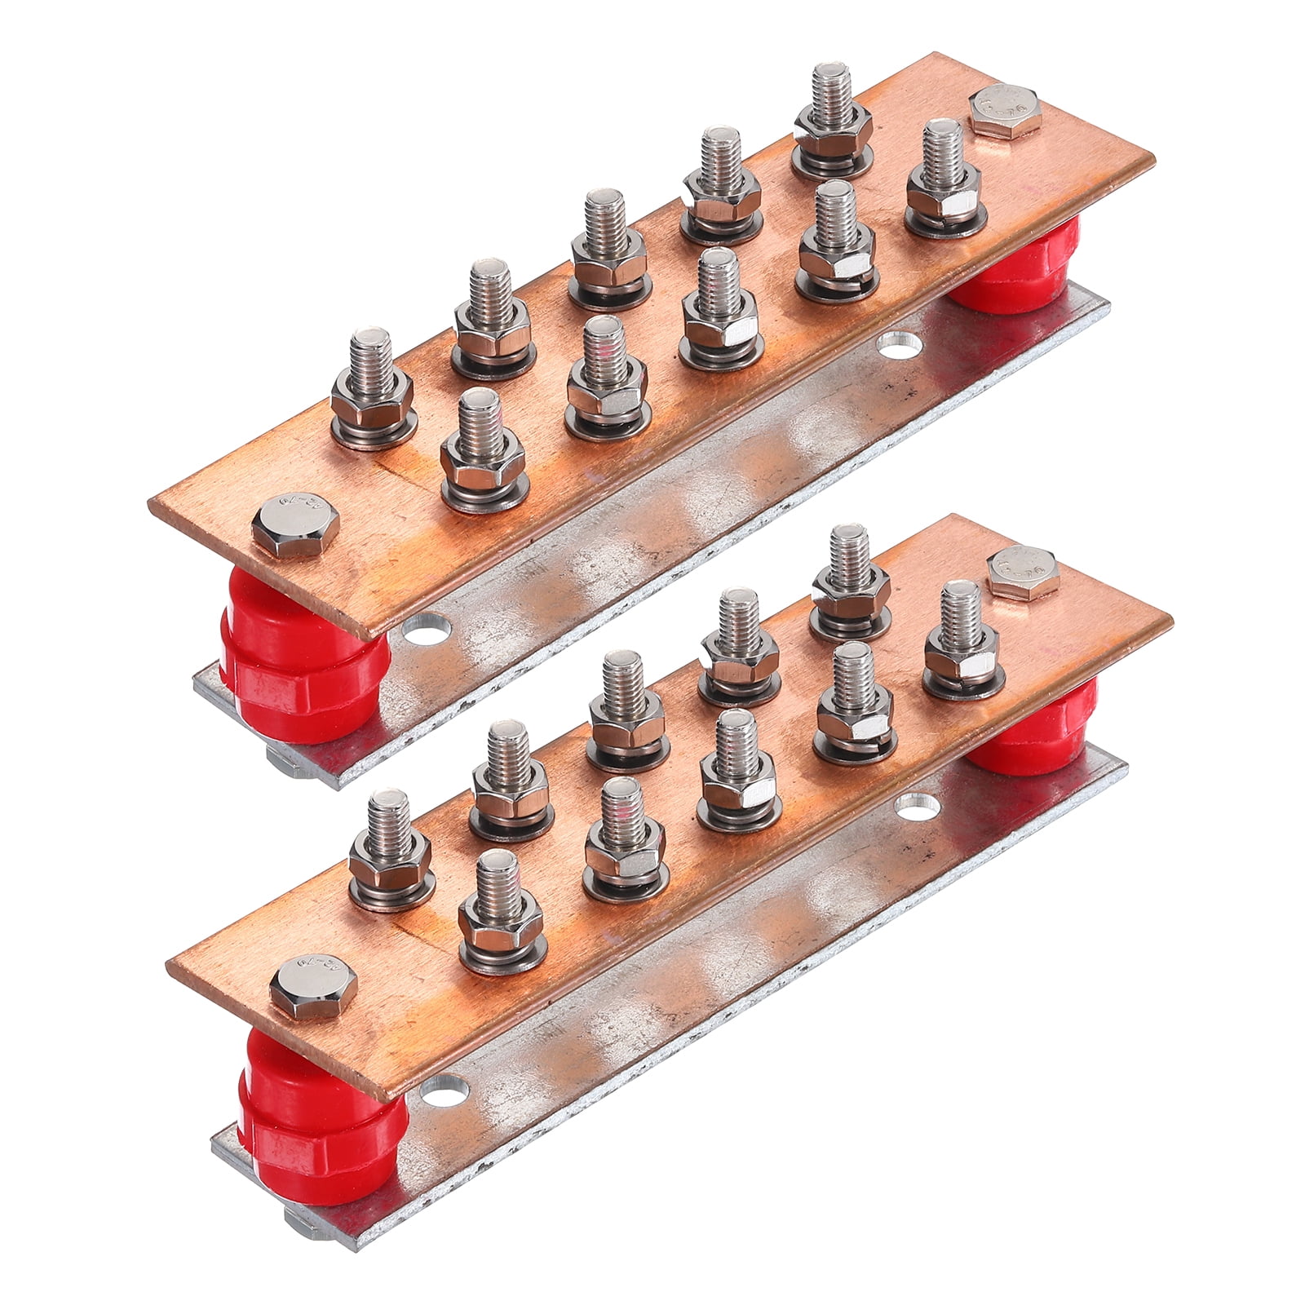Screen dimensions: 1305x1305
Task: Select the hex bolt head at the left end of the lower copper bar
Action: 303,990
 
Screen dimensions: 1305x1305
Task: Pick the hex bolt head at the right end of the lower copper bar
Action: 1023,573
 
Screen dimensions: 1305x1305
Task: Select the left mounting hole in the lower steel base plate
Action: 445,1090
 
